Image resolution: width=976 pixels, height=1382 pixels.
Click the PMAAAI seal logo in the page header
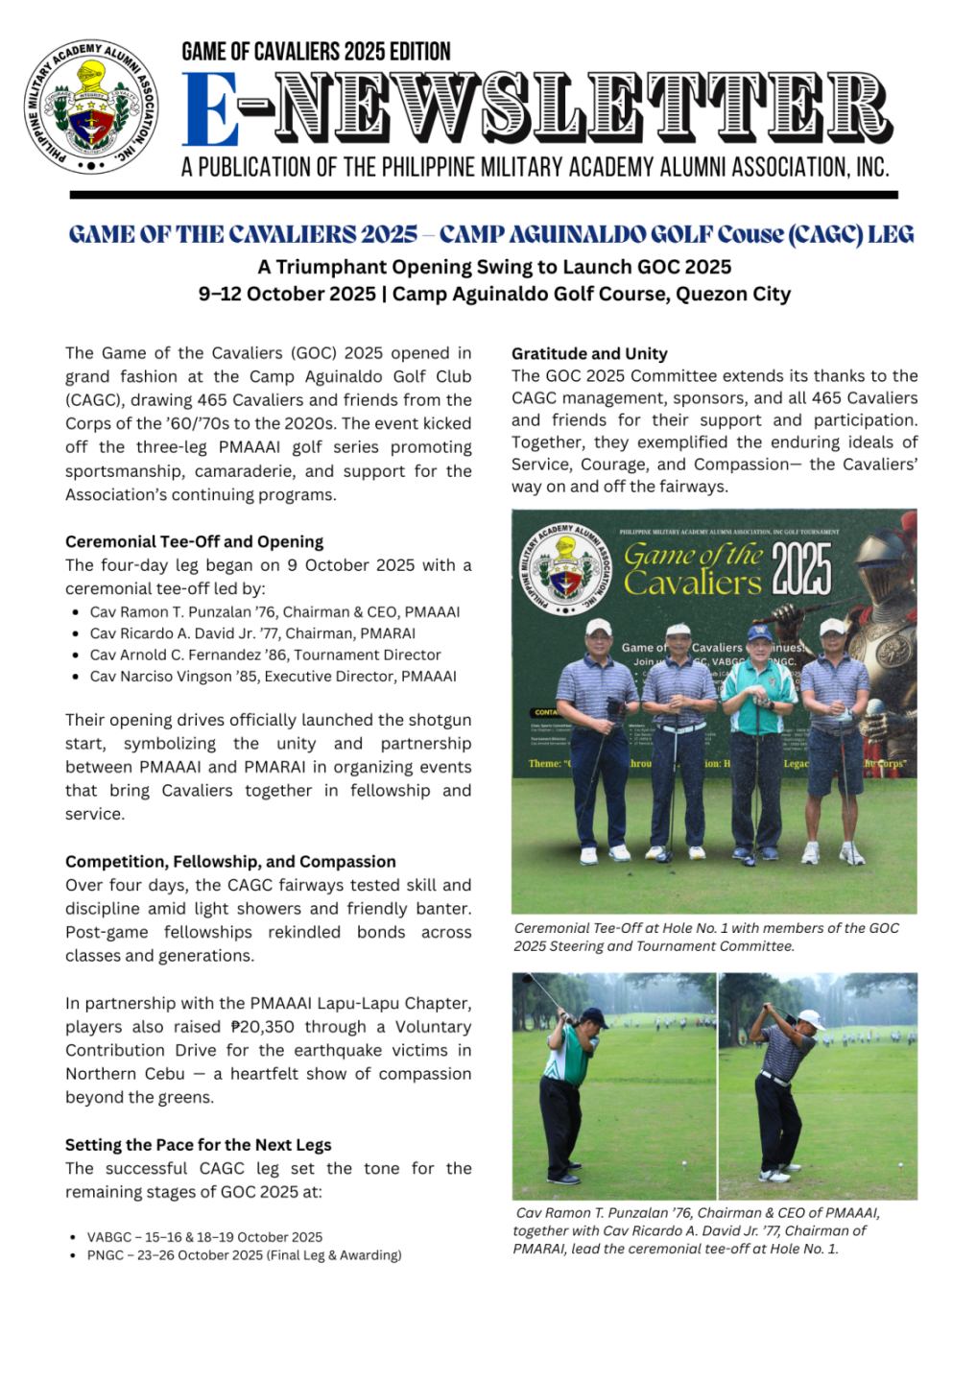[92, 107]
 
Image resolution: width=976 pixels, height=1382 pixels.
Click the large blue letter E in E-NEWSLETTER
[210, 109]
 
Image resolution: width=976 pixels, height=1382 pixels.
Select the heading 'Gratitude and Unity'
[589, 353]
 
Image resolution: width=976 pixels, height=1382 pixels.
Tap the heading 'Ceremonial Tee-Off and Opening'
[194, 541]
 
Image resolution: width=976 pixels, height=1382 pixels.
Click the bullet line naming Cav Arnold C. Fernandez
[265, 655]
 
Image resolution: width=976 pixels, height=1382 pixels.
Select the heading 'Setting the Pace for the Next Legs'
[198, 1144]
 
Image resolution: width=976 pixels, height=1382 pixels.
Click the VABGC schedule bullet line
[204, 1237]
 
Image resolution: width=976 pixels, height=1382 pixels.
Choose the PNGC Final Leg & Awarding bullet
[244, 1255]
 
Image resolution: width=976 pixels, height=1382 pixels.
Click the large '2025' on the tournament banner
[802, 569]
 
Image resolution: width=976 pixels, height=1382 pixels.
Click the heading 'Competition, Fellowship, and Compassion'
[230, 861]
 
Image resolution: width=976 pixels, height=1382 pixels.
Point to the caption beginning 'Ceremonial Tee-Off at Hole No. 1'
[706, 937]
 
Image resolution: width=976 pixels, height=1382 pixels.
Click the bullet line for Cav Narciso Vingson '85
[273, 677]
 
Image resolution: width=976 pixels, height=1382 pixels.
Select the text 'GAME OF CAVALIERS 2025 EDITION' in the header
[316, 51]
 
